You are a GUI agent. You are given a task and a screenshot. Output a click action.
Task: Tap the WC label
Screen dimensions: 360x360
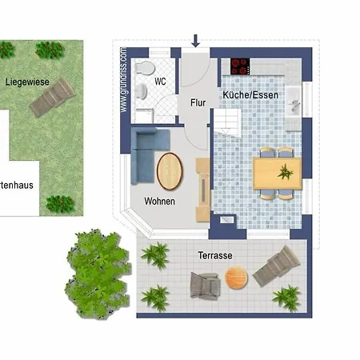point(160,82)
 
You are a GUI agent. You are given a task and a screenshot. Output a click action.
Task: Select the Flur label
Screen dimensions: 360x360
point(198,102)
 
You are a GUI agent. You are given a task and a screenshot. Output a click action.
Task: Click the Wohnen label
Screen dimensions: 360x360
point(160,201)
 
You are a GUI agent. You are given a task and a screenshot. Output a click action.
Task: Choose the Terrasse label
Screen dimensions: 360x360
point(216,255)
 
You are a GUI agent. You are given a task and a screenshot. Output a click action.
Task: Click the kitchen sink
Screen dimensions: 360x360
point(294,102)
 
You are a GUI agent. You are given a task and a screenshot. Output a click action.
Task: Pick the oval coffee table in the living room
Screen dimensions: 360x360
point(170,170)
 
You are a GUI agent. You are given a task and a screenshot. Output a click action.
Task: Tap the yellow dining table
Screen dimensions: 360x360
point(277,172)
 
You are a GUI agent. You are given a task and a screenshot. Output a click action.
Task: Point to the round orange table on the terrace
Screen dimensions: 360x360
point(236,278)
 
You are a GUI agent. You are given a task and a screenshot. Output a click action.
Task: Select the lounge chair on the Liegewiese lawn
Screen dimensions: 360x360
point(52,98)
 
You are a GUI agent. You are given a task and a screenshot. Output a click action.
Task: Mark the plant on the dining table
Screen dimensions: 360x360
point(285,171)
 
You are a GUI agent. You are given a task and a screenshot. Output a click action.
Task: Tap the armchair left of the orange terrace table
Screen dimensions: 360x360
point(205,285)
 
